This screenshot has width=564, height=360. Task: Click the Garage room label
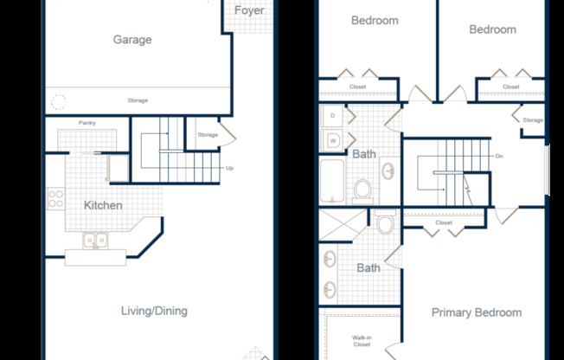(132, 40)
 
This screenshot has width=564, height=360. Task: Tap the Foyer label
(249, 10)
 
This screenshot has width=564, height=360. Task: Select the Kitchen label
(103, 205)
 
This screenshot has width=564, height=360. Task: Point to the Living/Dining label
(154, 311)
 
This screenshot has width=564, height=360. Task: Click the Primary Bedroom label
(477, 312)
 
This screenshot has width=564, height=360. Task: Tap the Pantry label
(87, 123)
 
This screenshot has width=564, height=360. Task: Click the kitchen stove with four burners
(55, 199)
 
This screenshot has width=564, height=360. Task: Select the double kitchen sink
(95, 241)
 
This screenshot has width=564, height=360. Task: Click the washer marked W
(332, 141)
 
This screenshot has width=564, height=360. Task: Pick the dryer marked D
(332, 116)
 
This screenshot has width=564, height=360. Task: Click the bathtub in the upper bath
(332, 180)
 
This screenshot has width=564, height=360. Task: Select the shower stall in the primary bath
(343, 225)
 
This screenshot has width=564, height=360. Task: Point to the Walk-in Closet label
(362, 341)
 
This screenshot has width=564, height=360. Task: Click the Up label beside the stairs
(229, 168)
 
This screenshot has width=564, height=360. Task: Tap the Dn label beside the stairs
(499, 157)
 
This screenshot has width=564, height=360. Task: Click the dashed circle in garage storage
(59, 102)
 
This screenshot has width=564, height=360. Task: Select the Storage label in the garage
(138, 100)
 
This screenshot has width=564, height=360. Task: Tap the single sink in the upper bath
(388, 171)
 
